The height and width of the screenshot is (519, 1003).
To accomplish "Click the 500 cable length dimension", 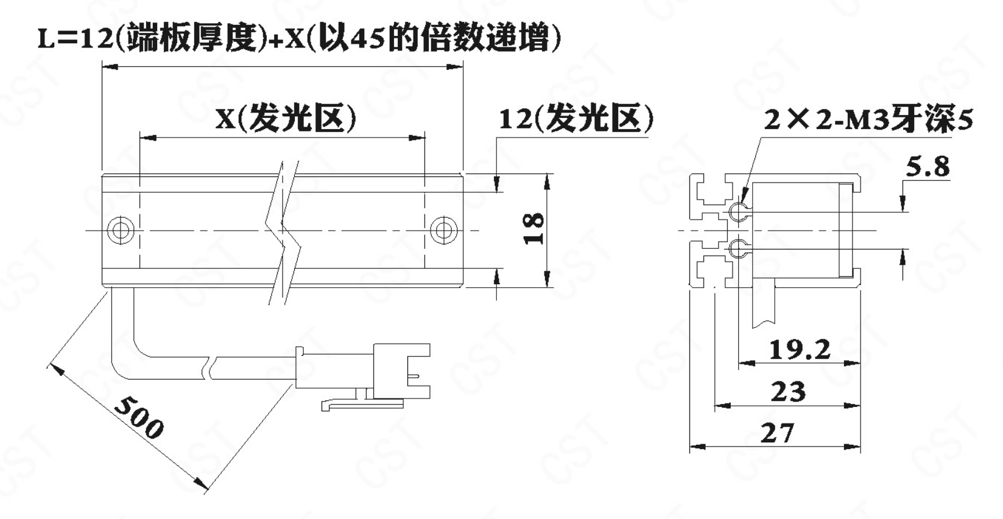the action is click(x=139, y=417).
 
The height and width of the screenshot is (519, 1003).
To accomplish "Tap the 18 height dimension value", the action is click(x=533, y=229).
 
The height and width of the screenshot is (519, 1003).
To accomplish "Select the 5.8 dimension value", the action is click(x=927, y=167).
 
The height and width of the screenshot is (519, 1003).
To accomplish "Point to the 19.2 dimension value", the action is click(x=800, y=349).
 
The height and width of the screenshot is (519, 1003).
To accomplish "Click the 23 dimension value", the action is click(x=788, y=391).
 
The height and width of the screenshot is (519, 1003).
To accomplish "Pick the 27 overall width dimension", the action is click(x=777, y=433).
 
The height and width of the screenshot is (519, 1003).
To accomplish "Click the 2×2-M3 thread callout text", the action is click(x=868, y=119).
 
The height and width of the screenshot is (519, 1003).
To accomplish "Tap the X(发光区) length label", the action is click(x=286, y=118).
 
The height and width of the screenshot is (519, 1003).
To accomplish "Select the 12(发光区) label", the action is click(x=576, y=119).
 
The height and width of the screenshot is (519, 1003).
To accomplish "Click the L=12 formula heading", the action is click(x=299, y=38).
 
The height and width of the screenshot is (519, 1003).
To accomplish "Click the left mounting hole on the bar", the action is click(x=121, y=231).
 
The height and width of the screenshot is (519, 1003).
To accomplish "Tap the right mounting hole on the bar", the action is click(x=443, y=231).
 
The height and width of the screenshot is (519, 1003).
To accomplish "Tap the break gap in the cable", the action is click(x=211, y=367).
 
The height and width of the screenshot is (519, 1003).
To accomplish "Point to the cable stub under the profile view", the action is click(x=764, y=302).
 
